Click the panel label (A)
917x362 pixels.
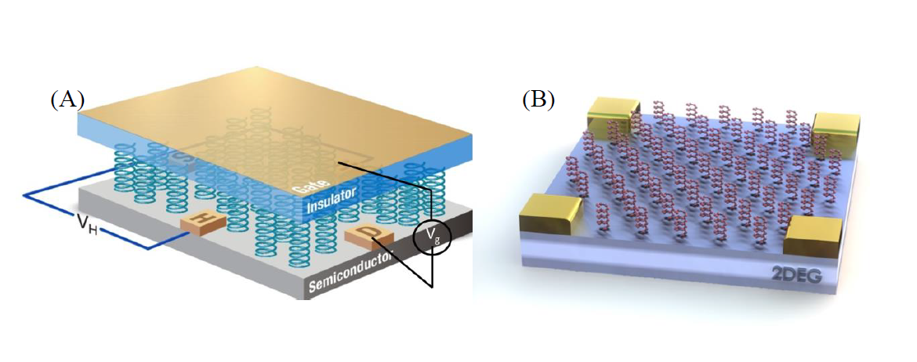67,100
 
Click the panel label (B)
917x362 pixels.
538,100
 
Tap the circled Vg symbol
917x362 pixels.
433,239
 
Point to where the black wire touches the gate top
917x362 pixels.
339,163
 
